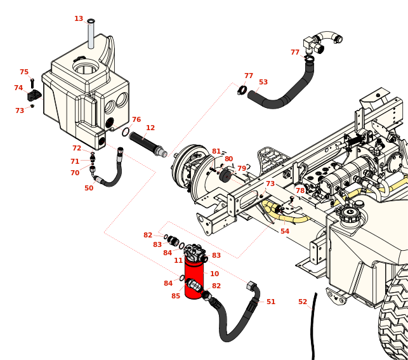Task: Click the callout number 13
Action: (x=79, y=19)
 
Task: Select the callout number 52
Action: (x=303, y=302)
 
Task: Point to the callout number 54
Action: (x=285, y=231)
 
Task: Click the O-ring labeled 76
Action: (x=126, y=132)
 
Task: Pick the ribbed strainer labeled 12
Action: (x=148, y=144)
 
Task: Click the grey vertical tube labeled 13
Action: (x=91, y=34)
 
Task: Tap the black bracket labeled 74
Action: (x=34, y=95)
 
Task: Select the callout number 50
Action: (x=89, y=188)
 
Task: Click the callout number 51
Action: (x=271, y=302)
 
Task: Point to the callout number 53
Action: (x=263, y=82)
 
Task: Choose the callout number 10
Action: (x=214, y=274)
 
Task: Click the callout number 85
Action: (x=176, y=296)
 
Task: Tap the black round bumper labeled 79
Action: (x=225, y=177)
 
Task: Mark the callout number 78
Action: (x=300, y=191)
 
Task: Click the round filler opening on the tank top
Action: (x=86, y=67)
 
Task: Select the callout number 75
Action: (x=24, y=72)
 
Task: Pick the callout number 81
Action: (x=216, y=151)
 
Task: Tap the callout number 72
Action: (x=77, y=148)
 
